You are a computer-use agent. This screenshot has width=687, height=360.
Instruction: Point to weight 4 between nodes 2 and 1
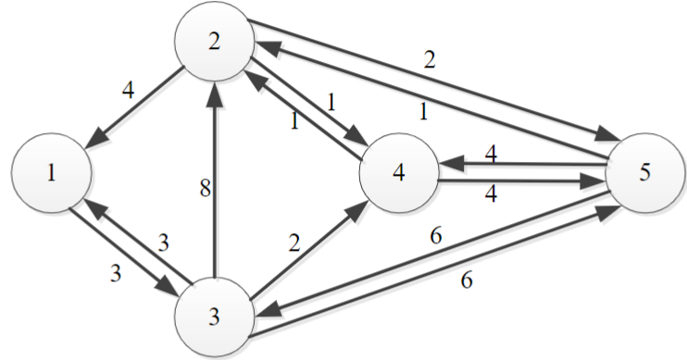[x=129, y=92]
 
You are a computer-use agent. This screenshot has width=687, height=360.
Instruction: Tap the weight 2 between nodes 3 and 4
[x=294, y=244]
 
